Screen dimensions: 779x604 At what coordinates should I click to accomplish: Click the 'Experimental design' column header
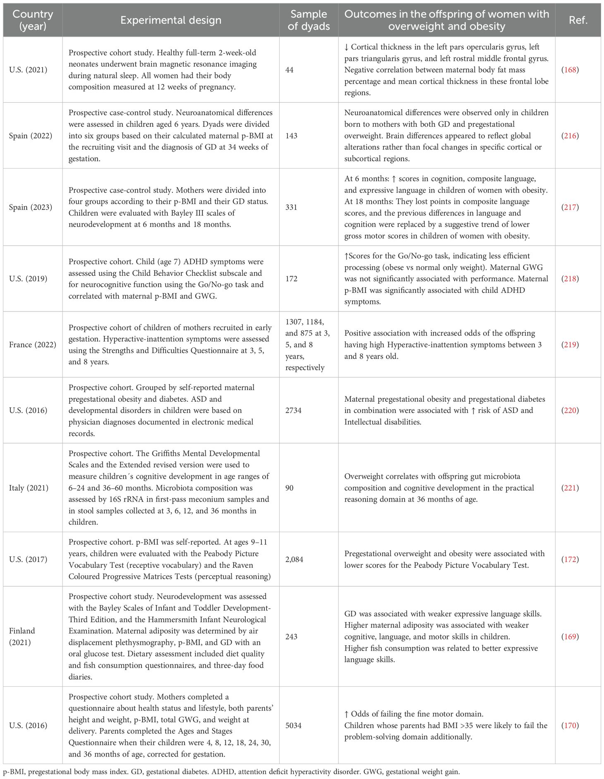(x=170, y=20)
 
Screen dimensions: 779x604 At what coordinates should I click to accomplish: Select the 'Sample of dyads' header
(x=309, y=20)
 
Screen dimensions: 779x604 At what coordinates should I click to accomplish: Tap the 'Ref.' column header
(x=578, y=20)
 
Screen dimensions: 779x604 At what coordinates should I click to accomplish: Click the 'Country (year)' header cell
(x=33, y=20)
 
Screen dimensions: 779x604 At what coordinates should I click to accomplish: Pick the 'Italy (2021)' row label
(x=28, y=488)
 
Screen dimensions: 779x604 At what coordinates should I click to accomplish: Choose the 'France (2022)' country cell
(x=33, y=345)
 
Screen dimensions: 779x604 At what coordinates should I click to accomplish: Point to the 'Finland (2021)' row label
(x=22, y=637)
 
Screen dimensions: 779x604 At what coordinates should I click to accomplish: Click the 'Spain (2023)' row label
(x=31, y=207)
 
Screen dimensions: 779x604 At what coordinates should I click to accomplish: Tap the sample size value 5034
(x=293, y=726)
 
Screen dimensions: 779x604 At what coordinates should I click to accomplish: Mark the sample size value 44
(x=289, y=70)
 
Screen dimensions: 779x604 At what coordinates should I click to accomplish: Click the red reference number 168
(x=570, y=70)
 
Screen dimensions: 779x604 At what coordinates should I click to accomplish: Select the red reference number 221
(x=570, y=488)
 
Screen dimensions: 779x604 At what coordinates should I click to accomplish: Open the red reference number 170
(x=570, y=726)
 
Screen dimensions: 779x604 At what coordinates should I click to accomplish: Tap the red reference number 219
(x=570, y=345)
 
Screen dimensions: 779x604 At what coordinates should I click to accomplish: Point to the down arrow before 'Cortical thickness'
(x=347, y=47)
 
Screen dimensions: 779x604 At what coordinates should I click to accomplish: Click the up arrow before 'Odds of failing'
(x=347, y=714)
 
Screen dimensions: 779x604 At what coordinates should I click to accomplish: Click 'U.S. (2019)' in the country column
(x=28, y=279)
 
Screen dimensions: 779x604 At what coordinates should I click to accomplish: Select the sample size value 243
(x=291, y=637)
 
